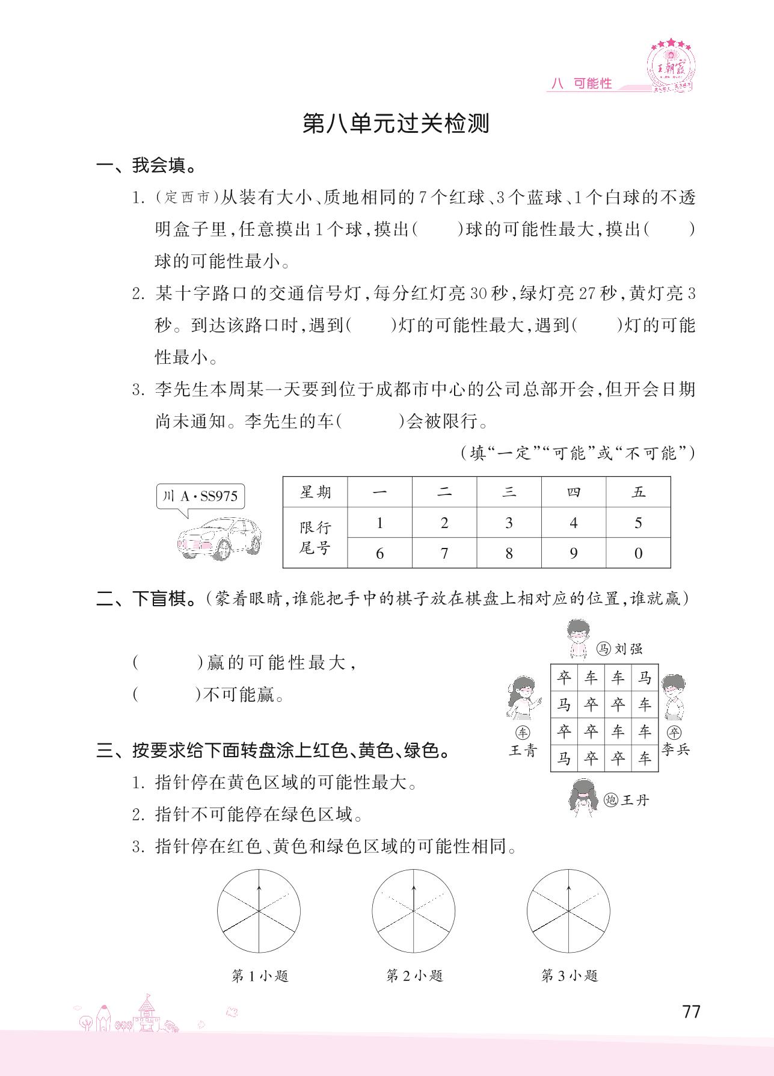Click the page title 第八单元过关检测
click(395, 123)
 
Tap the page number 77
click(692, 1011)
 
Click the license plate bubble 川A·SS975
click(201, 496)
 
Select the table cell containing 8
click(509, 553)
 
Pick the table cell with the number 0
click(638, 553)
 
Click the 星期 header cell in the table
click(315, 492)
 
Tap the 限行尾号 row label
click(315, 538)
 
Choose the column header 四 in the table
click(573, 492)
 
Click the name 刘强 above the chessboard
click(628, 648)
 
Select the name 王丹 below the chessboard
click(634, 800)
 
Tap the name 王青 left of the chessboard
click(522, 751)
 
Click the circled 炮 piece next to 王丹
click(611, 800)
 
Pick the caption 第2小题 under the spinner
click(414, 976)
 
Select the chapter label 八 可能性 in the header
click(582, 84)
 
